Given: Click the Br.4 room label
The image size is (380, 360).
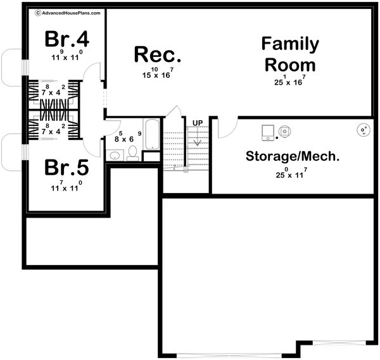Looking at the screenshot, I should (66, 39).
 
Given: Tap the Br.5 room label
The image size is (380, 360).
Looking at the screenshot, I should (66, 168).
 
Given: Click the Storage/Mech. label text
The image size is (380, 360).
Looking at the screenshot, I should (293, 156).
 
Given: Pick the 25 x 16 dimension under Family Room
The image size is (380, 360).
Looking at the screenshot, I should (289, 80).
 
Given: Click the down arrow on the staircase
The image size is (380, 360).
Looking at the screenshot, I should (198, 136).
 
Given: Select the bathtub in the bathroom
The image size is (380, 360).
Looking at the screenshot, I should (152, 134).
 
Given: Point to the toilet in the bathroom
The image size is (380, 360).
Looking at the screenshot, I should (132, 152).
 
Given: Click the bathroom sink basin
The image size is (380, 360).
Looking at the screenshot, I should (115, 154).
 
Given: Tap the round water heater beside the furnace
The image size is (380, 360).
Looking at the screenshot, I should (285, 131).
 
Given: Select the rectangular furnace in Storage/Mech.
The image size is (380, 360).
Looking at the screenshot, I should (268, 132).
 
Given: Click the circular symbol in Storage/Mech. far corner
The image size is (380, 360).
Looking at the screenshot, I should (363, 130).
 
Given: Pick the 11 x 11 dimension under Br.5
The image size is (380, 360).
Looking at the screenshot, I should (66, 187).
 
